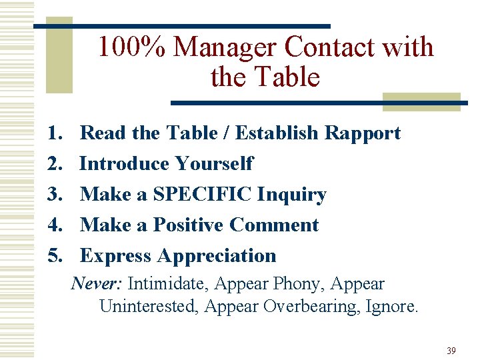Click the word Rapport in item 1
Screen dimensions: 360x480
(x=363, y=133)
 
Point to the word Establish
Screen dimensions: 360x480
(x=277, y=133)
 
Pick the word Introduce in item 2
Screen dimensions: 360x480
(x=125, y=164)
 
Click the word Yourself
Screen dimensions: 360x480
(x=214, y=164)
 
